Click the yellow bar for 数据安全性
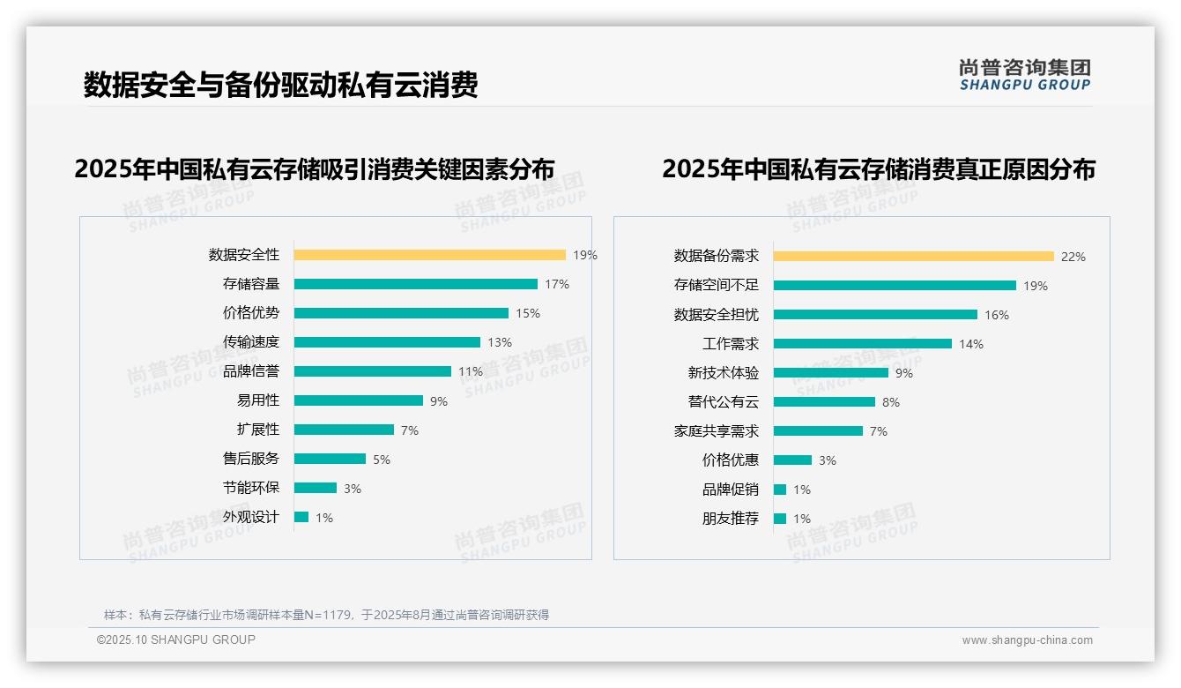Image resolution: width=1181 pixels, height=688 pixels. [429, 255]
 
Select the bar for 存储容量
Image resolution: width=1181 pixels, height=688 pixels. [415, 284]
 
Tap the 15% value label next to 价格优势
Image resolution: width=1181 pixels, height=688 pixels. [528, 313]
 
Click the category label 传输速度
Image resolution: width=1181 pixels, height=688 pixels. [250, 342]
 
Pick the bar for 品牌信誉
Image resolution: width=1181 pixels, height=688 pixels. [372, 371]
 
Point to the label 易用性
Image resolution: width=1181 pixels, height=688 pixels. [257, 400]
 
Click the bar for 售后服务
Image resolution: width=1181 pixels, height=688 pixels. [330, 459]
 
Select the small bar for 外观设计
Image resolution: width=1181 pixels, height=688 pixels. [301, 517]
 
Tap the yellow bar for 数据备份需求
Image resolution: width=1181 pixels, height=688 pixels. [913, 257]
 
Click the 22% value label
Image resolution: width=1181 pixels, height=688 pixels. [1073, 257]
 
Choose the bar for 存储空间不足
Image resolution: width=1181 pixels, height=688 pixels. [895, 286]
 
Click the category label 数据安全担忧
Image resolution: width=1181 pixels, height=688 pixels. [716, 315]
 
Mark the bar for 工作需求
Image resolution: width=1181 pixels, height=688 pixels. [862, 344]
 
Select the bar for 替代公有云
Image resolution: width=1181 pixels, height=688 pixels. [824, 402]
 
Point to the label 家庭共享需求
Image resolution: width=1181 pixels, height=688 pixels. [716, 431]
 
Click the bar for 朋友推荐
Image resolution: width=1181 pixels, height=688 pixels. [780, 519]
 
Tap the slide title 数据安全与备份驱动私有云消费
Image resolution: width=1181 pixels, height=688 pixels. [280, 85]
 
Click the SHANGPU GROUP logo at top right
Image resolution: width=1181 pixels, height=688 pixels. [1025, 75]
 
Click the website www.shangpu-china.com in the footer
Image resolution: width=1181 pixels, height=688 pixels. [1027, 640]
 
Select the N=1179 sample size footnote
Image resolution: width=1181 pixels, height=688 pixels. [326, 615]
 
